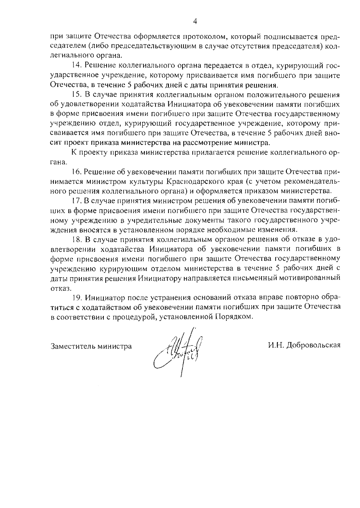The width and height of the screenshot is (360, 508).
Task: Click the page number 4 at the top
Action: point(195,21)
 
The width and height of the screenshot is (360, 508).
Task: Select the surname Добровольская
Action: point(313,345)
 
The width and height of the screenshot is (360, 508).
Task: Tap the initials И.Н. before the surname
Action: point(276,345)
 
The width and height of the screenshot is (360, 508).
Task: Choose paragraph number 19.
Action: point(77,298)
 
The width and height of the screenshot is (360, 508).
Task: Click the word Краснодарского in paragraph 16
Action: point(197,182)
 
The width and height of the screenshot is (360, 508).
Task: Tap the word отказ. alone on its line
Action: point(57,288)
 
